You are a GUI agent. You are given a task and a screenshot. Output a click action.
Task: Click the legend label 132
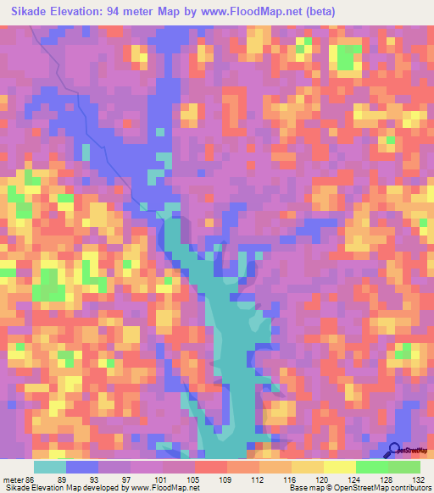pos(420,479)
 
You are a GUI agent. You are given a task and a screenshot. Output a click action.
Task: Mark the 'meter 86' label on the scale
pos(21,479)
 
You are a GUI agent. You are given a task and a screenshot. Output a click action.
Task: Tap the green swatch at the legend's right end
pos(403,467)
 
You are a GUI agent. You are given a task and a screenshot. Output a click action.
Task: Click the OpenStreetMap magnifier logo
pos(396,450)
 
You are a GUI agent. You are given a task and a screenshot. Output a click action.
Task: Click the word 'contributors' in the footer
pos(409,488)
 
